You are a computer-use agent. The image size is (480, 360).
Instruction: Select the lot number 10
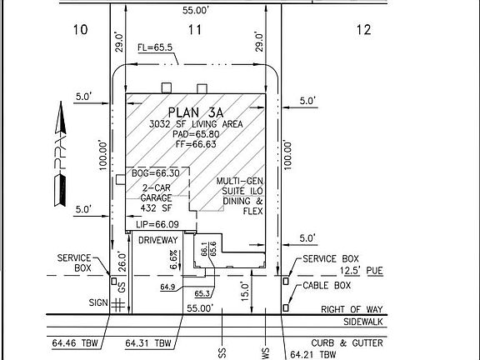pyautogui.click(x=81, y=31)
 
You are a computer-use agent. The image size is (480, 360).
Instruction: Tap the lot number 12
pyautogui.click(x=362, y=31)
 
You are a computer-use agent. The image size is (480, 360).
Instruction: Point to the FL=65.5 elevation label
pyautogui.click(x=157, y=48)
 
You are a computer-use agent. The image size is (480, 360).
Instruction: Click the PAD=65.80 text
pyautogui.click(x=197, y=133)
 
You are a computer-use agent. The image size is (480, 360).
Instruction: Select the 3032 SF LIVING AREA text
pyautogui.click(x=197, y=123)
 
